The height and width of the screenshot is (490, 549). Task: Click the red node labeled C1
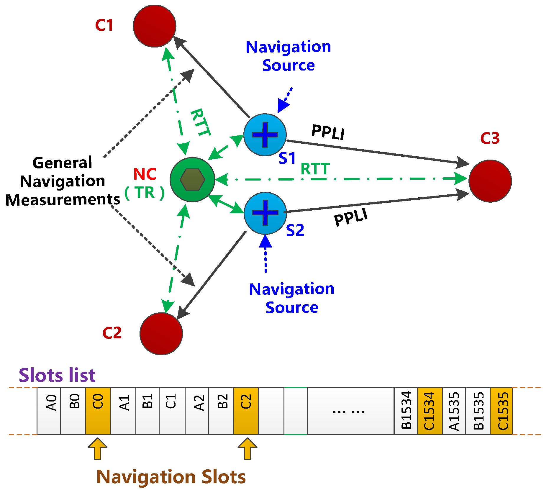point(154,26)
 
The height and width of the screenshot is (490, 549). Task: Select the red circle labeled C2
point(161,334)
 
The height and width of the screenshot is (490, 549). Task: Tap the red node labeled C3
point(490,181)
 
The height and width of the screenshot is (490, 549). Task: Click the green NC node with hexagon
point(192,179)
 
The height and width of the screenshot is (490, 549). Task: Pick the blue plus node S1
point(265,135)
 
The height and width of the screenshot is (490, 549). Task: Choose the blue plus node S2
point(265,213)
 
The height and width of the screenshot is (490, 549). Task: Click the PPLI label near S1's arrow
point(328,132)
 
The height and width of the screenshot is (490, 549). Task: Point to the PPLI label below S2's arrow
point(351,217)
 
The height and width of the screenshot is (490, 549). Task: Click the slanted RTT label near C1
point(201,122)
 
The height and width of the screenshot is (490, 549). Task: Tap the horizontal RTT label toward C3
point(315,169)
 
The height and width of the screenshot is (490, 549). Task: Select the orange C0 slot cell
point(98,411)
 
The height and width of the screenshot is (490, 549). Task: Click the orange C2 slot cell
point(246,411)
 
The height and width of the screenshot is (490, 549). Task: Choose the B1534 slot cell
point(406,411)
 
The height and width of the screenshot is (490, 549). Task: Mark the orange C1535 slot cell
point(502,411)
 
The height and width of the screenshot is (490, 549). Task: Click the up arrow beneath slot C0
point(97,448)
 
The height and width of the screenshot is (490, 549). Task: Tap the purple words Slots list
point(57,375)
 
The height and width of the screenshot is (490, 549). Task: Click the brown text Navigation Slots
point(171,477)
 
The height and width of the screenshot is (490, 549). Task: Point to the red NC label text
point(145,174)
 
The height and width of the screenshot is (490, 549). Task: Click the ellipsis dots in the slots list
point(348,412)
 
